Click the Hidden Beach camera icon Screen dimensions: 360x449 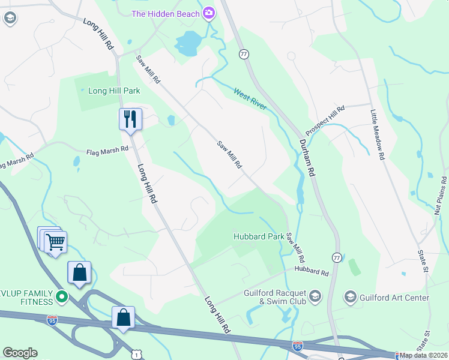(x=209, y=12)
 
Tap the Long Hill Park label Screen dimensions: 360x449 (x=114, y=91)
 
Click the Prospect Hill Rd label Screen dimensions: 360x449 (x=325, y=121)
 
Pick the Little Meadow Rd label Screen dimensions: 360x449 (x=377, y=134)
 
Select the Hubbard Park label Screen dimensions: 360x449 (x=259, y=236)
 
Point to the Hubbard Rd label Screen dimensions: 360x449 (x=312, y=272)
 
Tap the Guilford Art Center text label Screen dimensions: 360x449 (x=394, y=298)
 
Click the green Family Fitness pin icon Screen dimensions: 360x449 (x=61, y=296)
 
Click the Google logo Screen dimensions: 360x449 (x=20, y=353)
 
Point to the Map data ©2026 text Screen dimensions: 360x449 (x=423, y=355)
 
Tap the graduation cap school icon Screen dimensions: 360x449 (x=9, y=18)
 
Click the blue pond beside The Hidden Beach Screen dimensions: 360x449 (x=188, y=43)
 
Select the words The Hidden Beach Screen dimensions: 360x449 (x=166, y=13)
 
